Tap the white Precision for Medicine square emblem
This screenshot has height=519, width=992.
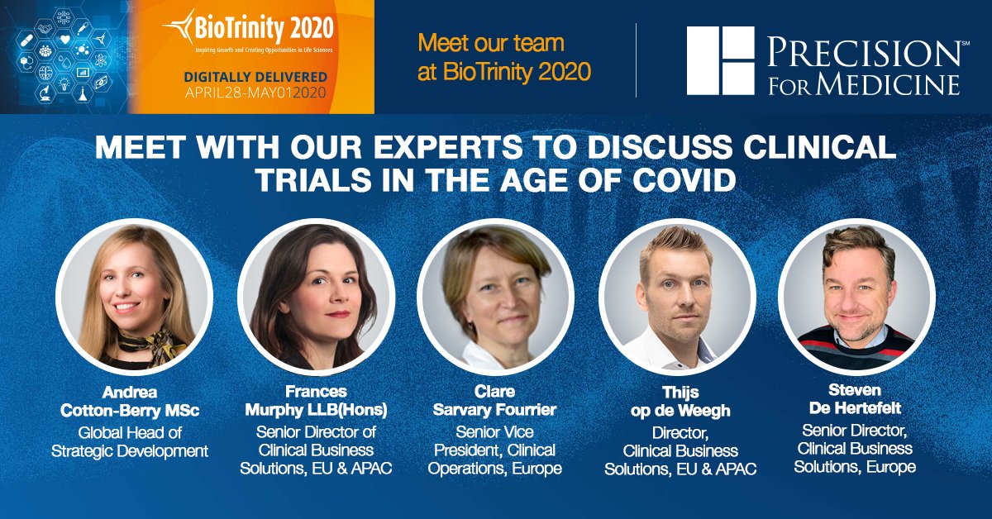[720, 60]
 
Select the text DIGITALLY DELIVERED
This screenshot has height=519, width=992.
[255, 77]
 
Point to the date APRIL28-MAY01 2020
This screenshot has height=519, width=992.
[255, 93]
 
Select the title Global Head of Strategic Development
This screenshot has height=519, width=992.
[130, 442]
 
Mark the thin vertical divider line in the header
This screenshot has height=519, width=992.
[636, 60]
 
